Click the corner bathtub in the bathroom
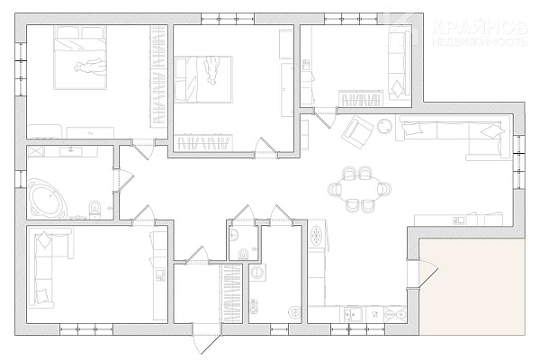point(49,198)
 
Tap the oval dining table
point(360,189)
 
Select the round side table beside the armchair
point(384,126)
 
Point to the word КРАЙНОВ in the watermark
point(479,27)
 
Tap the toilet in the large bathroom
point(94,210)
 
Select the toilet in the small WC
point(243,254)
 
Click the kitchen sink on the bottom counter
point(353,314)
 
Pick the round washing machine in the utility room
point(256,272)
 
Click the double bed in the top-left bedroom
point(80,58)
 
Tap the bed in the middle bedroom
point(203,79)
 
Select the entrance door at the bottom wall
point(206,338)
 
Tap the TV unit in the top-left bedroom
point(90,132)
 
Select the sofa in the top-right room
point(400,63)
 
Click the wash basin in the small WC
point(235,234)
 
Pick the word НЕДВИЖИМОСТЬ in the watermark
point(480,41)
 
